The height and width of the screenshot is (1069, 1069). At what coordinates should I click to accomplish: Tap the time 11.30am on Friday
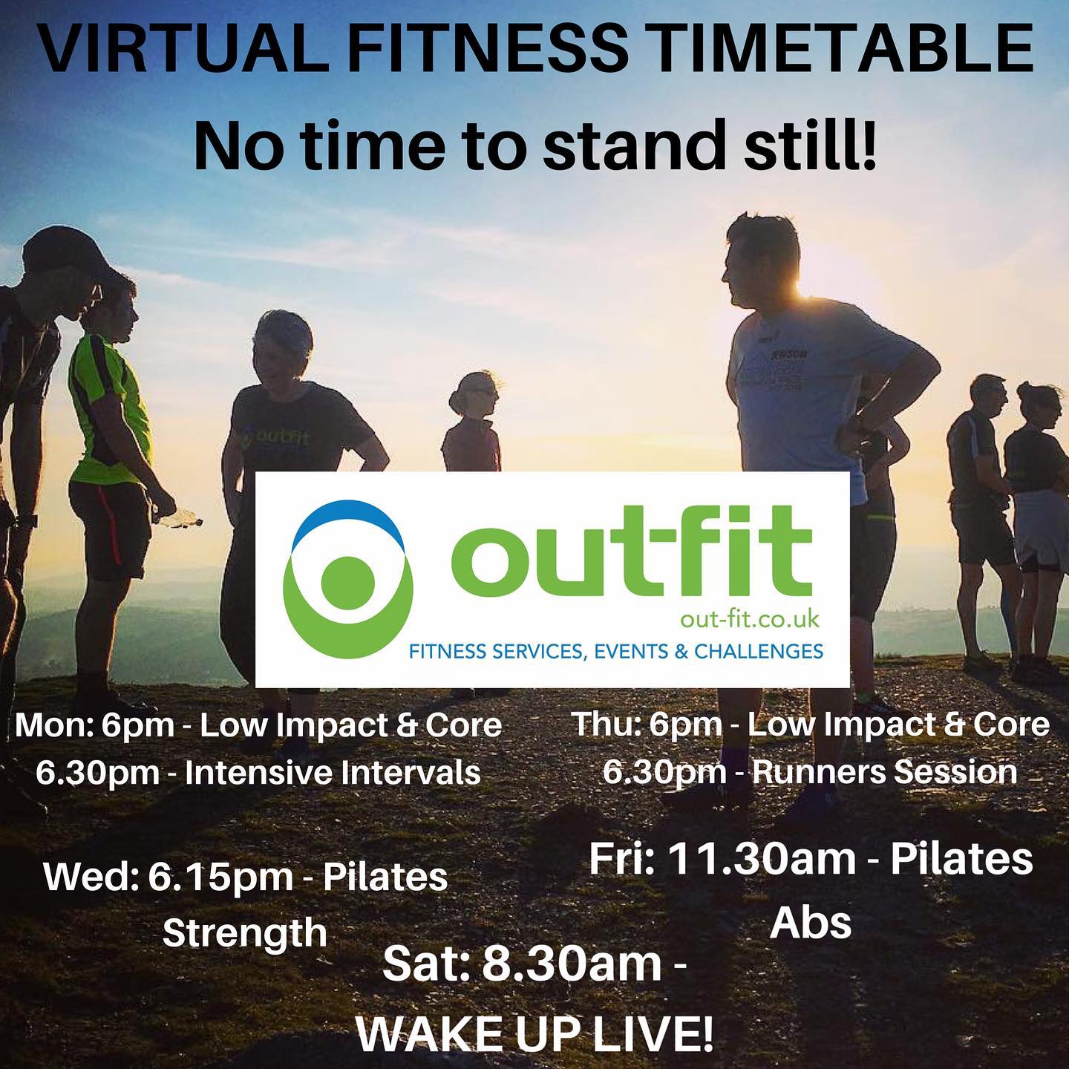[x=762, y=860]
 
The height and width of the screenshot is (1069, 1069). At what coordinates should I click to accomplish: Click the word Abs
[x=811, y=923]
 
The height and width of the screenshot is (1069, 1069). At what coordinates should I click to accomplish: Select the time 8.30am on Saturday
[x=572, y=965]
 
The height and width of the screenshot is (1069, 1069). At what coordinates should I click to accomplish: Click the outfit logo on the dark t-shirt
[x=275, y=441]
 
